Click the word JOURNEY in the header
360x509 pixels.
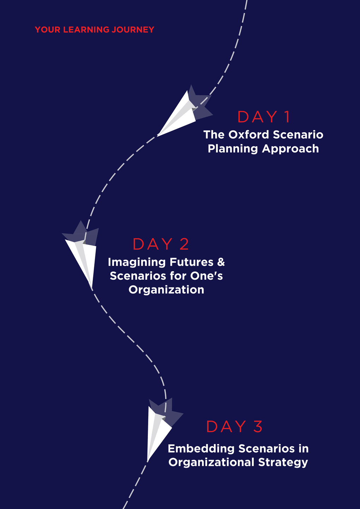[x=133, y=30]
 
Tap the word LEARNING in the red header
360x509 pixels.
[x=86, y=30]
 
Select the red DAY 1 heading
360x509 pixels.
[x=264, y=117]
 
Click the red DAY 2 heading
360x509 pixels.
[x=161, y=244]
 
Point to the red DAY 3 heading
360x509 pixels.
[x=234, y=426]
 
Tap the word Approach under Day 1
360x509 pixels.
[x=290, y=149]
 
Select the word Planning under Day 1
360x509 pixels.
[x=233, y=149]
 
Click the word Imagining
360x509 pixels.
[x=137, y=262]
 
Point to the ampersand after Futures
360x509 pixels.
[x=221, y=262]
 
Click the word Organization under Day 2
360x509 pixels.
[x=166, y=290]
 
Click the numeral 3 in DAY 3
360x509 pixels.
[x=258, y=426]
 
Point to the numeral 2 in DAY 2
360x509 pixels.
[x=184, y=244]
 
